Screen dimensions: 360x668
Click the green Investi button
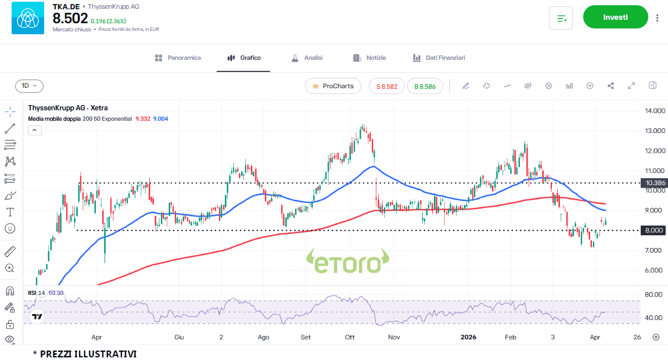point(615,17)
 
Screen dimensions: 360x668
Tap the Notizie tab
point(369,58)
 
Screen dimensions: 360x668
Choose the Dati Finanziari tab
point(439,58)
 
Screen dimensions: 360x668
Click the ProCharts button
point(333,86)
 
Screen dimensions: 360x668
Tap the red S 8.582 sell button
point(387,86)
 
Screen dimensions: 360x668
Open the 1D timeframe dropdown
point(29,86)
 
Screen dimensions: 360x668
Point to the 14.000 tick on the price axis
point(654,111)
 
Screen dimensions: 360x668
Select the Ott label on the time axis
point(350,337)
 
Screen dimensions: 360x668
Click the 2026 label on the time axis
point(468,337)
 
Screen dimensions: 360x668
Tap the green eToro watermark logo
point(347,262)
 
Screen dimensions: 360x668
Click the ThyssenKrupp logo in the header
point(27,18)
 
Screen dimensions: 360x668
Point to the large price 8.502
point(70,18)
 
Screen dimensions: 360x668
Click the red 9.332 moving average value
point(142,118)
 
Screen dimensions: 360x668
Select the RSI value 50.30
point(56,293)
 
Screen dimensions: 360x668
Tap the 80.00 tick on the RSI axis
point(653,295)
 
